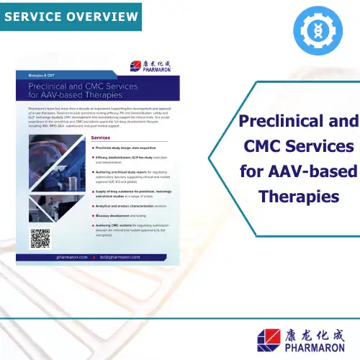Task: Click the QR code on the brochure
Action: (40, 238)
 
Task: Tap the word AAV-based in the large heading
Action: (315, 172)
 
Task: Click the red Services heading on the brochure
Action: (104, 137)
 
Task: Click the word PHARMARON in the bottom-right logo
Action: (308, 346)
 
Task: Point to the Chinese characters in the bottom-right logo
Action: (308, 331)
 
